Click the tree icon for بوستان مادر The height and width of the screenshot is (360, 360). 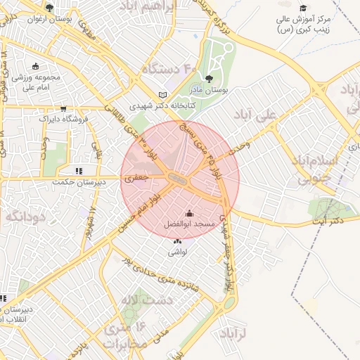[208, 79]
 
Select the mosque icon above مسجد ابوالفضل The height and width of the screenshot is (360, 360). [189, 212]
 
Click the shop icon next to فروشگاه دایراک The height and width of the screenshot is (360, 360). [64, 108]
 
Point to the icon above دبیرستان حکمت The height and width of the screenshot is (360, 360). [79, 170]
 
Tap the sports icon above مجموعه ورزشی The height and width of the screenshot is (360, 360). [35, 66]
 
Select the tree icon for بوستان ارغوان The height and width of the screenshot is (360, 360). [49, 8]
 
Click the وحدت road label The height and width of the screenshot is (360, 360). [239, 143]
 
